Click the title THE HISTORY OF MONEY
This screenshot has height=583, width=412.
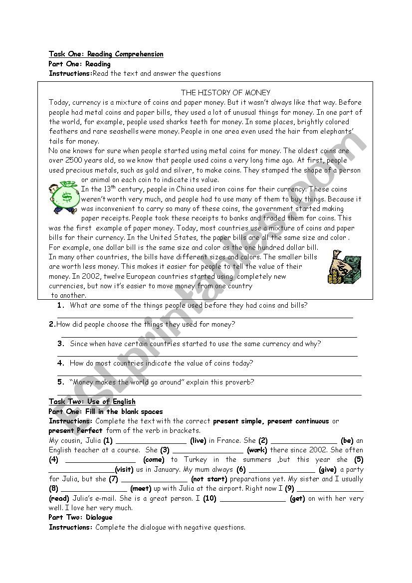point(225,92)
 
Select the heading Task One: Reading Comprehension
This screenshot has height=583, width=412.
point(106,54)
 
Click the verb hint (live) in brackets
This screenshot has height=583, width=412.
point(198,440)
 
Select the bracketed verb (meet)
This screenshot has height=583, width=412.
point(141,489)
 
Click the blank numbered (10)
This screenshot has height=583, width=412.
point(252,498)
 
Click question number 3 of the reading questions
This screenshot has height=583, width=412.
point(61,344)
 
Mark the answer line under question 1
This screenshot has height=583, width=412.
point(205,317)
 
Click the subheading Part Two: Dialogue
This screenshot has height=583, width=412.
point(80,517)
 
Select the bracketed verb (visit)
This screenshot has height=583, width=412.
point(124,469)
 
